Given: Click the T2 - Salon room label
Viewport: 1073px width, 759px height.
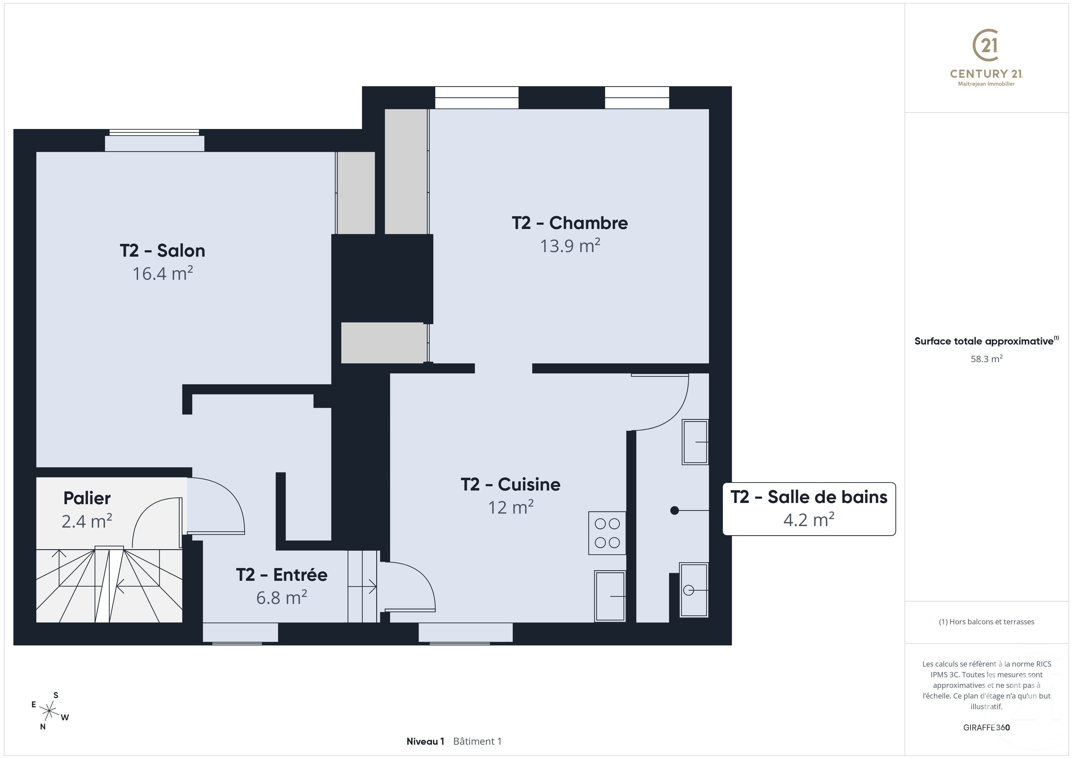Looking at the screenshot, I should pos(162,251).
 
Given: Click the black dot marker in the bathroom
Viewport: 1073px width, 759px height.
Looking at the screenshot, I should pos(674,510).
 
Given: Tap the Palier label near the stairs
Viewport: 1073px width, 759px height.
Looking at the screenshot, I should pos(87,498).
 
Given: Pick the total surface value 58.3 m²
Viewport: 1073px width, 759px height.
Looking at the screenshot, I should pos(986,359).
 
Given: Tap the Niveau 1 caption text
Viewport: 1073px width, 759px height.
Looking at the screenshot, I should pos(425,741).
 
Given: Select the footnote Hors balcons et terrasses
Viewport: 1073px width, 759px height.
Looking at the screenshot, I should pos(986,622).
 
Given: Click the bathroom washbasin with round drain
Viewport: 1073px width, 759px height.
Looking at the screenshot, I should pos(693,590).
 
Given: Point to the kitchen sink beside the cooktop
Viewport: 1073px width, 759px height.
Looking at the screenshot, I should pos(610,596).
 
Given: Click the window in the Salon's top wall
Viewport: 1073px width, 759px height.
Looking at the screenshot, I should pos(154,133).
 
